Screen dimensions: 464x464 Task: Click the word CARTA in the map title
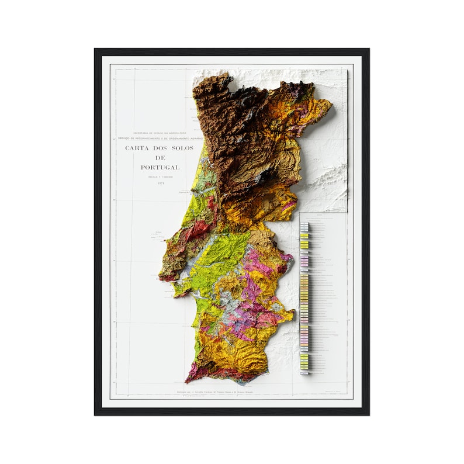tap(136, 148)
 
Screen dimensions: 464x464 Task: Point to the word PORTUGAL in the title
tap(160, 167)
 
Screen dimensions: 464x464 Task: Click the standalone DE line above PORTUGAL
tap(160, 158)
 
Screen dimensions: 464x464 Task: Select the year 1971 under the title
tap(160, 183)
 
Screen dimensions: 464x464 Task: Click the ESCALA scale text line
tap(160, 176)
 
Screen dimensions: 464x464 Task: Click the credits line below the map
tap(216, 391)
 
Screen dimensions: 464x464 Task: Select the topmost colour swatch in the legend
tap(304, 224)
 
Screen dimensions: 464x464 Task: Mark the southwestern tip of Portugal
tap(188, 379)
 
